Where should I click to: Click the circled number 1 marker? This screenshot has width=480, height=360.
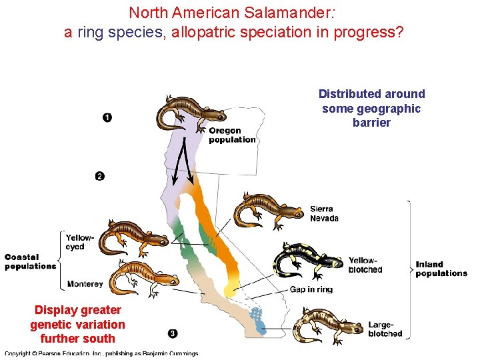click(107, 118)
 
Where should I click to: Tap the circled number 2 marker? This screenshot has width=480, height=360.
click(99, 176)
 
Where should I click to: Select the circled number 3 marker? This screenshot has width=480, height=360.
click(173, 333)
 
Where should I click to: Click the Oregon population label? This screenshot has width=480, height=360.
click(231, 135)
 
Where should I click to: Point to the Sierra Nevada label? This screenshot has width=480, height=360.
click(324, 213)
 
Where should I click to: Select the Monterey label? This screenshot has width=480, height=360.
click(85, 284)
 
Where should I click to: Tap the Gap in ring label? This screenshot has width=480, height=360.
click(311, 289)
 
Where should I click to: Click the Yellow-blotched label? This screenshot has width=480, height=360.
click(365, 265)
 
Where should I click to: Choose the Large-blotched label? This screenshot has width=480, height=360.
click(385, 329)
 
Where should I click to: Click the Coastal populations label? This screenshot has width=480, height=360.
click(30, 261)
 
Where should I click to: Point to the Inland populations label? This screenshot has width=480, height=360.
click(441, 269)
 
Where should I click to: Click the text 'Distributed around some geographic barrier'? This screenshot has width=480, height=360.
click(371, 108)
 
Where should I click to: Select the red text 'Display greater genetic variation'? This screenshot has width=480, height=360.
click(77, 317)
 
